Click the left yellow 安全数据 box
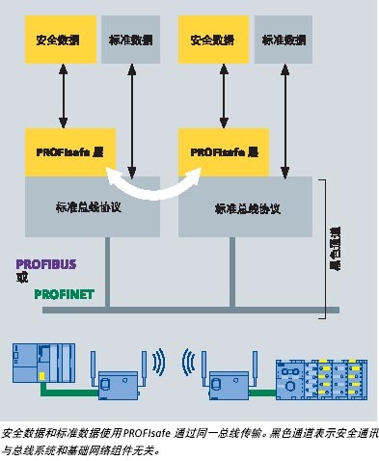59,41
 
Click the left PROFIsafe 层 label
64,151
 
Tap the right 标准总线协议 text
246,206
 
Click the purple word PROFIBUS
45,262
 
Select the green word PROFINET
64,294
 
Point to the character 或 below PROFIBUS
22,278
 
